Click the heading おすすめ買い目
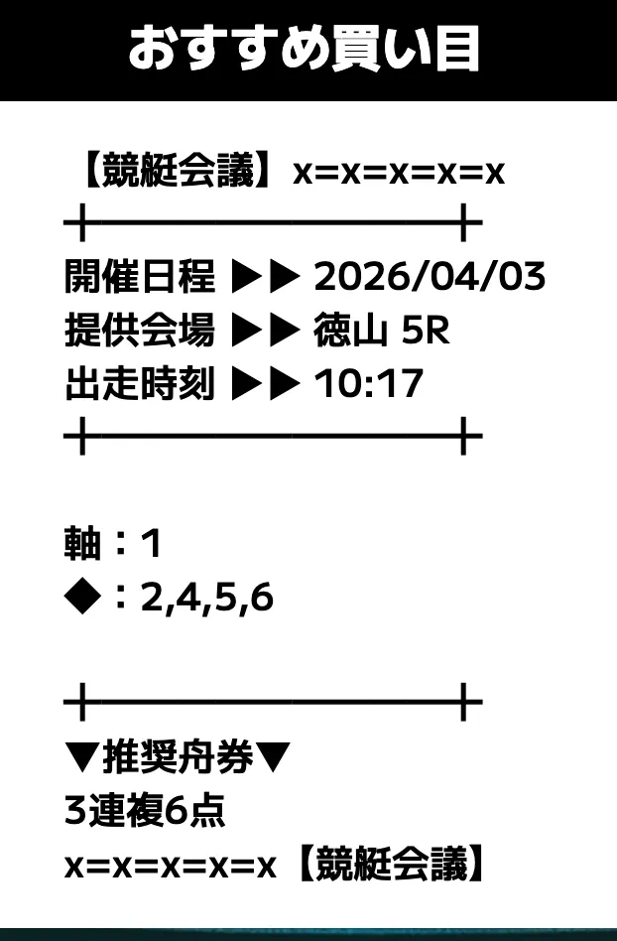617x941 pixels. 304,48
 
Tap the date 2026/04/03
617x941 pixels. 430,277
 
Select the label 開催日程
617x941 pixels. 139,277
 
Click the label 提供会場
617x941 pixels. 139,331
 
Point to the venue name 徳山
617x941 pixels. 350,331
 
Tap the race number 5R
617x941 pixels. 426,331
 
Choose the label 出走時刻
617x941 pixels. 139,383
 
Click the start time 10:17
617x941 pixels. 369,384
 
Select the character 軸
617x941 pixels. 82,543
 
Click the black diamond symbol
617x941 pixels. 82,598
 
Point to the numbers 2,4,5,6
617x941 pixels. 207,599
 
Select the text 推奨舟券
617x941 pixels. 179,757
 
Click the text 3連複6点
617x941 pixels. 145,811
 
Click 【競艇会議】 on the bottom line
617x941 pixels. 391,865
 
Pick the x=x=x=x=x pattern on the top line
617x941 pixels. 399,173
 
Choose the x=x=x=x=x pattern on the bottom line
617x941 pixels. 171,867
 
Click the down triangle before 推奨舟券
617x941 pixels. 82,757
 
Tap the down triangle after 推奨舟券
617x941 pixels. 273,757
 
